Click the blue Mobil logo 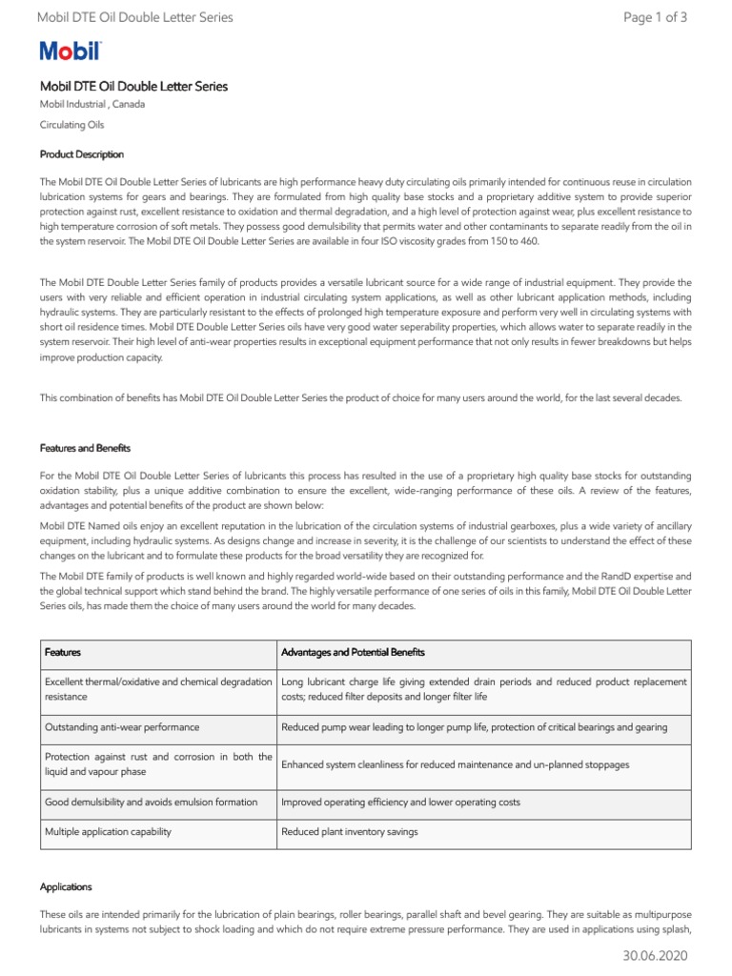(71, 51)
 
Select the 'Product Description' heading (81, 154)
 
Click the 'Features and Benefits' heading (85, 448)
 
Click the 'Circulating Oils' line (72, 125)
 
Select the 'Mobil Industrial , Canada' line (92, 105)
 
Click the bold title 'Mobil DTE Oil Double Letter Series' (133, 87)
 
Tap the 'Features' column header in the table (63, 653)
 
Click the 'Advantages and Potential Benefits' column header (353, 653)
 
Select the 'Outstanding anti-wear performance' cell (122, 727)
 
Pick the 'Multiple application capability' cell (108, 832)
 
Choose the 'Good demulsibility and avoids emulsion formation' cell (152, 803)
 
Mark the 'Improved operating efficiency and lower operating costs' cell (400, 803)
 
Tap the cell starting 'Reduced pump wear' (474, 727)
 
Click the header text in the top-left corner (134, 17)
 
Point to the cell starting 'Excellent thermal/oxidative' (158, 690)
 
